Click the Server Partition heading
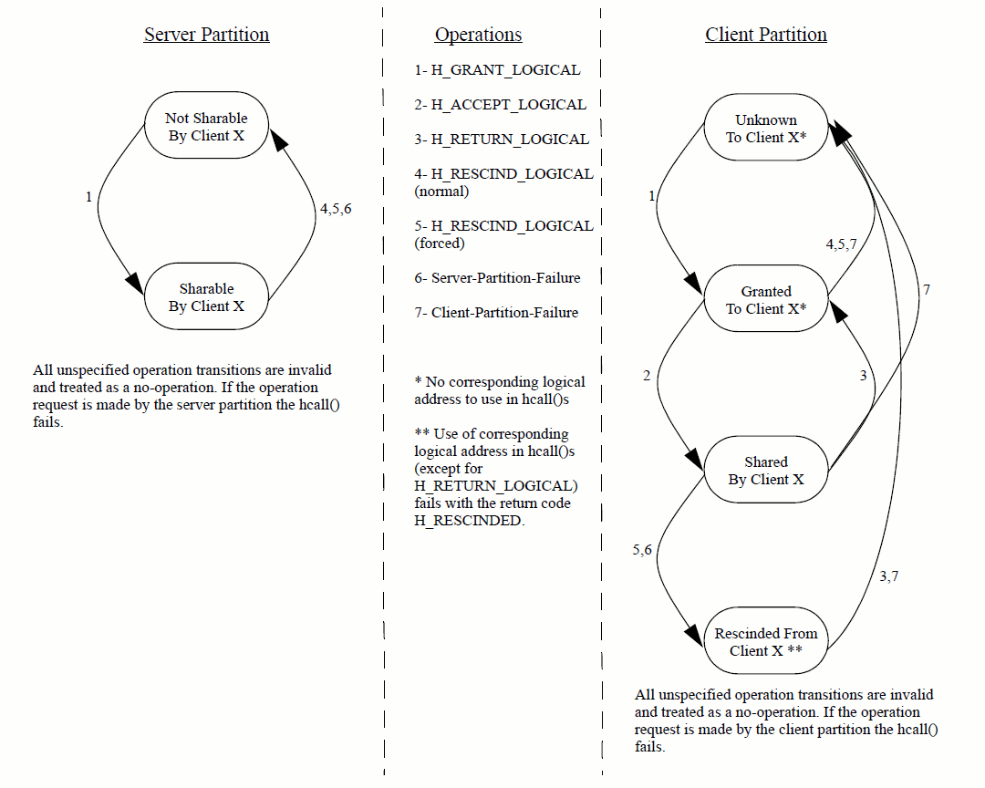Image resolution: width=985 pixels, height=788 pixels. (x=206, y=35)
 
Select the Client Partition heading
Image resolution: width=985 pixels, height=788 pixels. (x=765, y=35)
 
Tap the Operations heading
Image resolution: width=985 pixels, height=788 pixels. (x=478, y=35)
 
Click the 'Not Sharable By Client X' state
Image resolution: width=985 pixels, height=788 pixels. (x=206, y=127)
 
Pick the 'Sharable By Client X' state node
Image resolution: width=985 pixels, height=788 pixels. (x=206, y=297)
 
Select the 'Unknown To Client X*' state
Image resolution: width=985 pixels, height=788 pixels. (x=766, y=129)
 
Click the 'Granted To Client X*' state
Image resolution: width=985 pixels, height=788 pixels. (x=766, y=300)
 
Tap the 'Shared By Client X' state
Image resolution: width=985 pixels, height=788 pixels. (x=766, y=471)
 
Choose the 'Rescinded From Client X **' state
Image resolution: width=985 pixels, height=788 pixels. (x=766, y=642)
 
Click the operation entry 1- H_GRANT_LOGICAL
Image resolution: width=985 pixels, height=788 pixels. (x=497, y=69)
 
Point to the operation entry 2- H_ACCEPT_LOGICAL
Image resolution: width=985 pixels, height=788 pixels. (x=500, y=104)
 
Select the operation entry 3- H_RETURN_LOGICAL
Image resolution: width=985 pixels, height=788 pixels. (x=502, y=139)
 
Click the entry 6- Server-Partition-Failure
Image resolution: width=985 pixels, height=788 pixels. (x=497, y=277)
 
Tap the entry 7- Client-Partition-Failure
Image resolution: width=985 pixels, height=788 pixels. (x=496, y=312)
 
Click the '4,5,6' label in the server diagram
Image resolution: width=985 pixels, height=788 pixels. (x=336, y=209)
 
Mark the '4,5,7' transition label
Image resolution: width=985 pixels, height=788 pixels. (x=841, y=244)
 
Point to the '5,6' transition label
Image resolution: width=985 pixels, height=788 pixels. (x=642, y=550)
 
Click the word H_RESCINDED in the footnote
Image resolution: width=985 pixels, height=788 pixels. (x=469, y=520)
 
